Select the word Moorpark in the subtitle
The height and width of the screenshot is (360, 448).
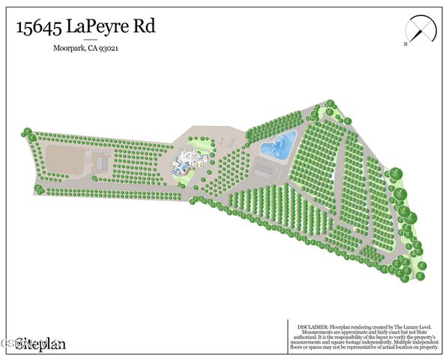[70, 49]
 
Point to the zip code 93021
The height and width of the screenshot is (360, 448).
[110, 49]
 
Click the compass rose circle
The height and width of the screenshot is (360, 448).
[420, 30]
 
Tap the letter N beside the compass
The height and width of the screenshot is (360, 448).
[405, 44]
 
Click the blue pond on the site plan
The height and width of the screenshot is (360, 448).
[278, 143]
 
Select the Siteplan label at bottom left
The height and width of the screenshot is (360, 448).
[42, 344]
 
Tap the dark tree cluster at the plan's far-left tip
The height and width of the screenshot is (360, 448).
[27, 133]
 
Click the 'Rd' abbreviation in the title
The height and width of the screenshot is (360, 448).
[148, 27]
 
